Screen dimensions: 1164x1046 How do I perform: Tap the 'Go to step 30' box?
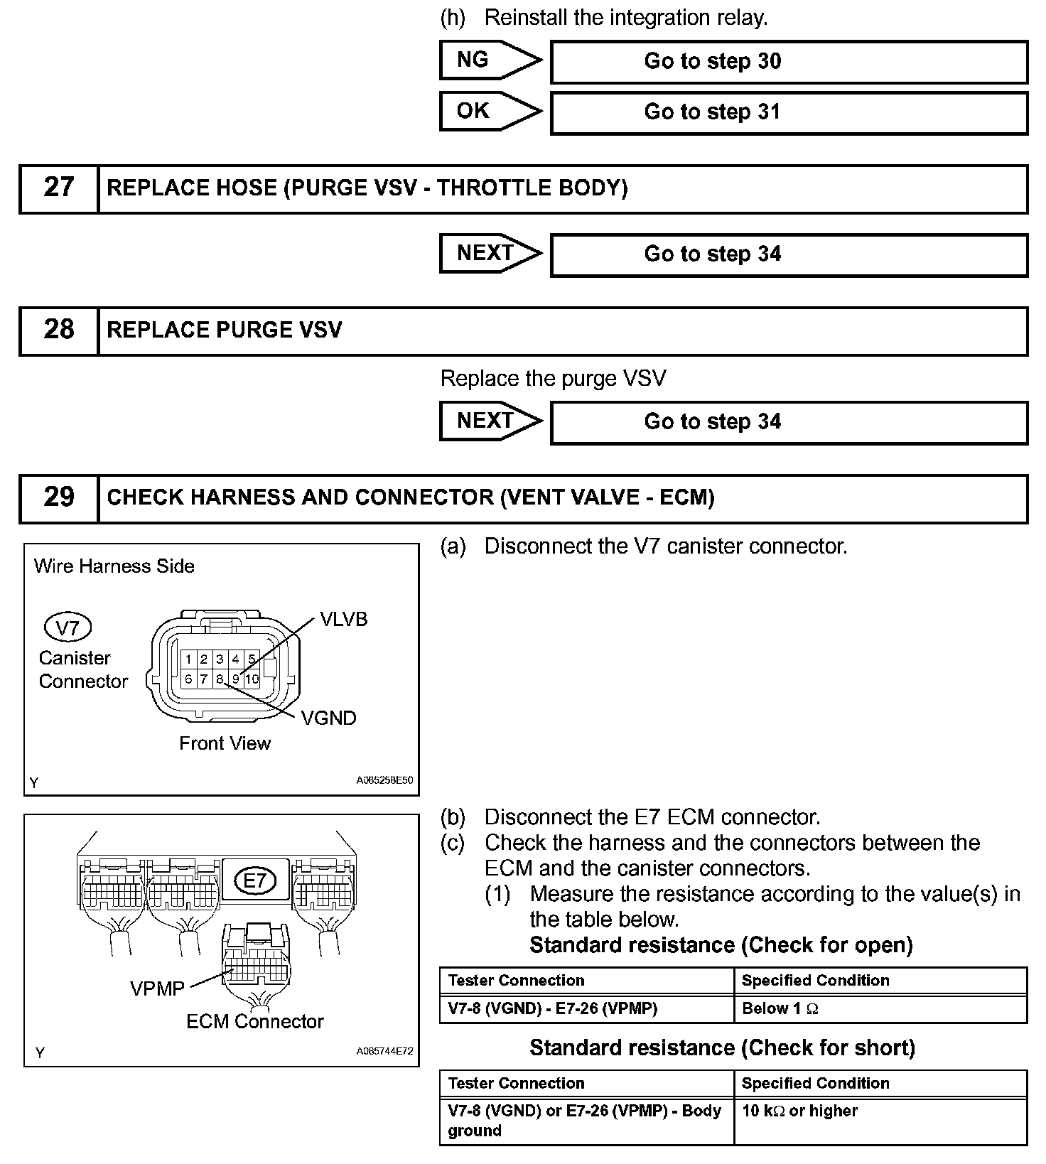coord(789,62)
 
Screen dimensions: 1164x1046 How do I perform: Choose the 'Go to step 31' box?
coord(789,112)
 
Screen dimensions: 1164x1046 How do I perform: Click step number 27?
coord(58,188)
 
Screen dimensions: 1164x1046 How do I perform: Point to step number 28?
coord(58,330)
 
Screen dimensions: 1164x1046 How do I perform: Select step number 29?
coord(58,497)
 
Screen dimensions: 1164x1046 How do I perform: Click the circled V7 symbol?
coord(68,627)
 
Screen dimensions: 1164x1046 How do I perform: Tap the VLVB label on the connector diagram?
coord(344,620)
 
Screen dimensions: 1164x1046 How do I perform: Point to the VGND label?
coord(328,718)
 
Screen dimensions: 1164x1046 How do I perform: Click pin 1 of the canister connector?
coord(188,659)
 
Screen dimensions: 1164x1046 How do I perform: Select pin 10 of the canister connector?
coord(252,679)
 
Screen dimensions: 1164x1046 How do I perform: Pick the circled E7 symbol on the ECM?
coord(254,881)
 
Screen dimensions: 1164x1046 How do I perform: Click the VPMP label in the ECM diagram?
coord(157,988)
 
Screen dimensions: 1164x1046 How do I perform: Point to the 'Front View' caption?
coord(225,743)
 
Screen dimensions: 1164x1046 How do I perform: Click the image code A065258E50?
coord(384,780)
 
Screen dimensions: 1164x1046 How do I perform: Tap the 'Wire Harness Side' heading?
coord(114,566)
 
